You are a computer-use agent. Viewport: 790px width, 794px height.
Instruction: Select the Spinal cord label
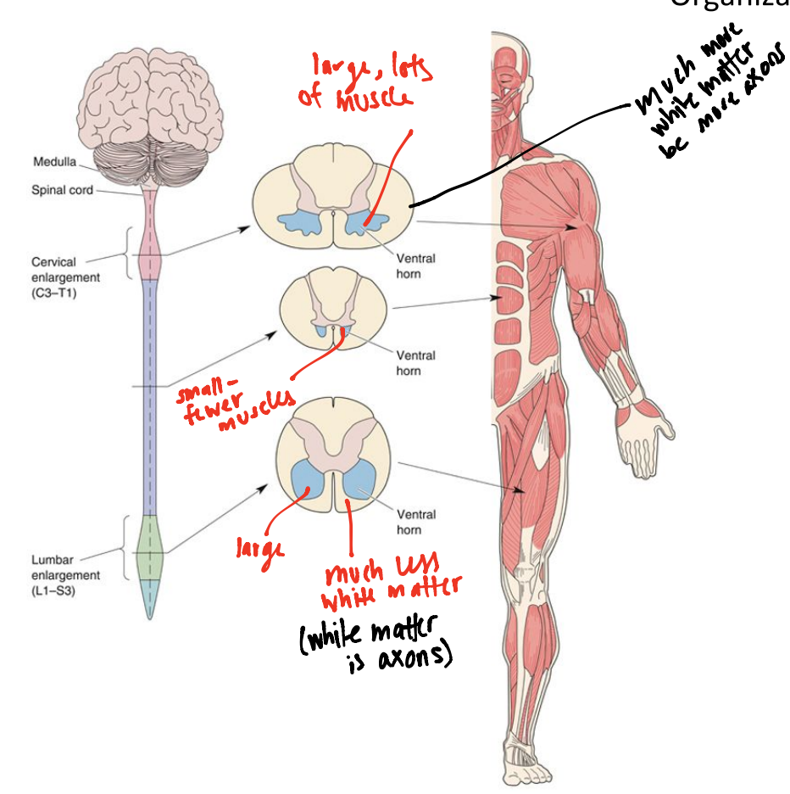click(x=61, y=190)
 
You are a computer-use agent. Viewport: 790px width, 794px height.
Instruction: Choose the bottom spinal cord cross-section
click(x=335, y=462)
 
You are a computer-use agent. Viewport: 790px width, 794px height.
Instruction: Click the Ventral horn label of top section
click(x=415, y=266)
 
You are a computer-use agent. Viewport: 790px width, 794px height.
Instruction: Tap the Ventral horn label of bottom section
click(x=415, y=523)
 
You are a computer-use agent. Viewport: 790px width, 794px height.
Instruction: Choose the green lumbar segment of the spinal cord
click(x=149, y=547)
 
